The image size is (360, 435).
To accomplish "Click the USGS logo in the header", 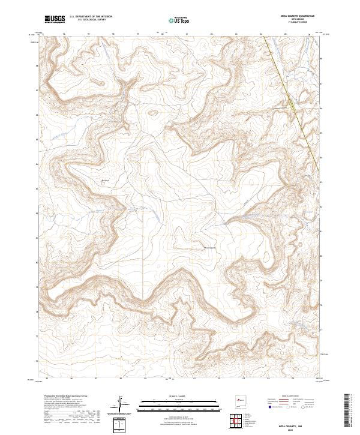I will point(55,19).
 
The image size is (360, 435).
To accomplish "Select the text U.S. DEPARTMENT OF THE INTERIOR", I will point(92,17).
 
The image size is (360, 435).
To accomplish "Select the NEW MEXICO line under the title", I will point(298,20).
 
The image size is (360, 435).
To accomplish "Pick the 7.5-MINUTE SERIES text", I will point(298,23).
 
